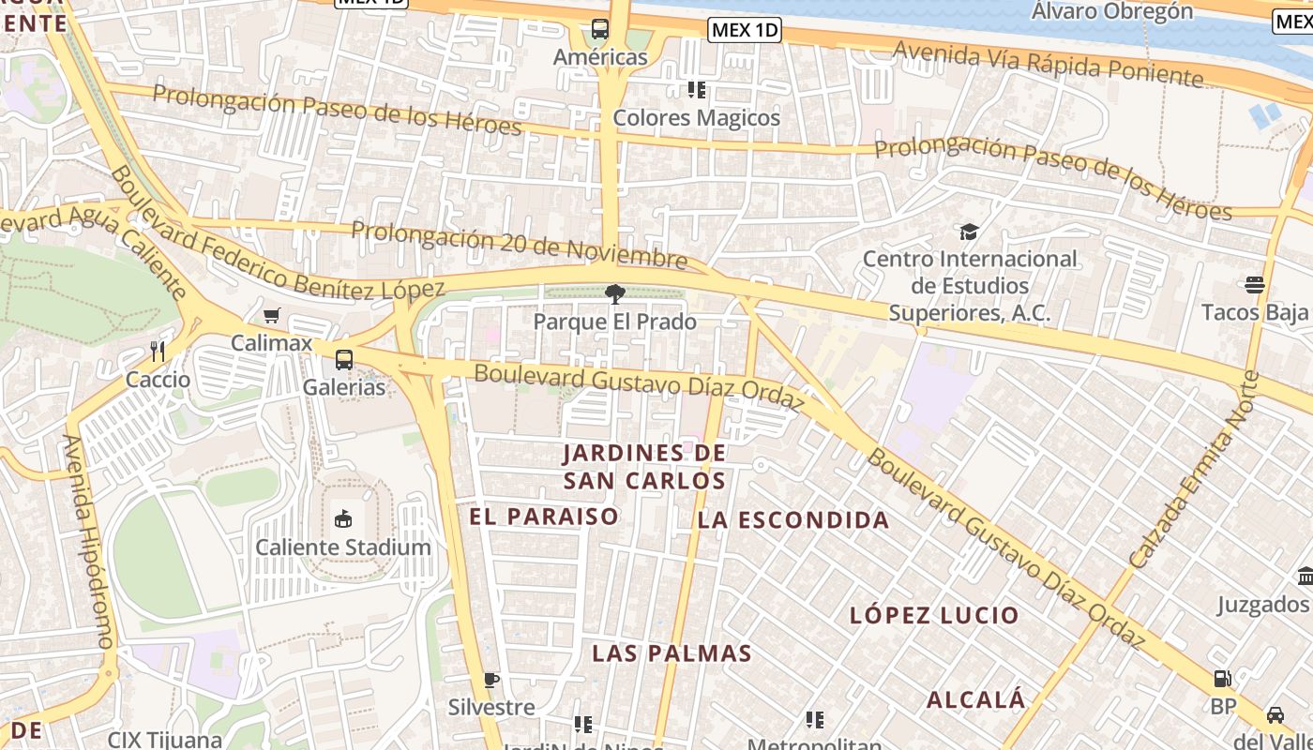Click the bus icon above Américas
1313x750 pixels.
click(600, 29)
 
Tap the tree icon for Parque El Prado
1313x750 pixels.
click(616, 295)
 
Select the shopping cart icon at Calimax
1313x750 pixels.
click(272, 316)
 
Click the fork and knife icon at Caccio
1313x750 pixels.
click(158, 352)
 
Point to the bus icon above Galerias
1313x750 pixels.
click(344, 359)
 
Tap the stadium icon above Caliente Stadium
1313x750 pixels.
click(343, 518)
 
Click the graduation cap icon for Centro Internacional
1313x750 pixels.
click(969, 231)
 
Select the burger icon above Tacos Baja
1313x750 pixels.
click(1255, 284)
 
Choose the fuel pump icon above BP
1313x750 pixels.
click(1222, 679)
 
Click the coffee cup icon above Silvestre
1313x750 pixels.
click(490, 680)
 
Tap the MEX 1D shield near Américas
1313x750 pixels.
click(745, 30)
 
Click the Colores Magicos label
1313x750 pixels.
click(696, 118)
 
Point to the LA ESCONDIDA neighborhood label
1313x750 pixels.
click(793, 520)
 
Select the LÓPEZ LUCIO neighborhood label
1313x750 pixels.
click(934, 616)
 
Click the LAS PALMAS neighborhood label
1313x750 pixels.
click(672, 653)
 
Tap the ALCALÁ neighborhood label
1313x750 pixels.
click(976, 699)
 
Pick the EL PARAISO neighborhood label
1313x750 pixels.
click(544, 517)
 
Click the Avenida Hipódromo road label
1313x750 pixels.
click(90, 541)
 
